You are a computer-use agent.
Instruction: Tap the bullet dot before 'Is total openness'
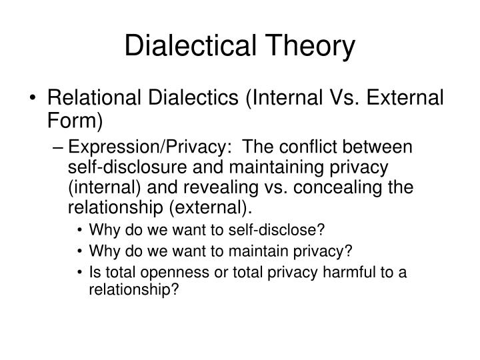[81, 272]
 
